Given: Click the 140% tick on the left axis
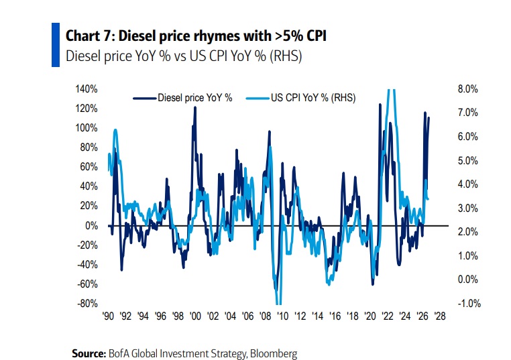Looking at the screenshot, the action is [87, 89].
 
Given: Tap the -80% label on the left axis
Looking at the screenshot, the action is [87, 303].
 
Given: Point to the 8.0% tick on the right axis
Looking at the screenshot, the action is [467, 89].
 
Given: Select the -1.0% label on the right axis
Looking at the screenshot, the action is [469, 303].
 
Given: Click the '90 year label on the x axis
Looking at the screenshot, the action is [108, 316].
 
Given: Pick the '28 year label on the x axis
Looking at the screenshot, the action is [440, 316].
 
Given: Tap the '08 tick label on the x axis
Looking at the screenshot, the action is [265, 316].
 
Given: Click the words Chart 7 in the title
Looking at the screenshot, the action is [88, 36].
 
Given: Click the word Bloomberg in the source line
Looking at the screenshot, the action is [274, 354].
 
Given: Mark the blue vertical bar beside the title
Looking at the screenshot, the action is [56, 45].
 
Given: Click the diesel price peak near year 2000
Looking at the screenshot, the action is [195, 107].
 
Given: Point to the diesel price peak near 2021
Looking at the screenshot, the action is [380, 105].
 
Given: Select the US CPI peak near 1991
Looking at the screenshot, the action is [115, 130].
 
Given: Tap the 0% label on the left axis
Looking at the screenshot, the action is [92, 225].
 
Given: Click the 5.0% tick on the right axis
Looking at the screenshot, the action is [467, 161].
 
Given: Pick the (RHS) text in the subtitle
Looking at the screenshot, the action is [286, 56].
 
